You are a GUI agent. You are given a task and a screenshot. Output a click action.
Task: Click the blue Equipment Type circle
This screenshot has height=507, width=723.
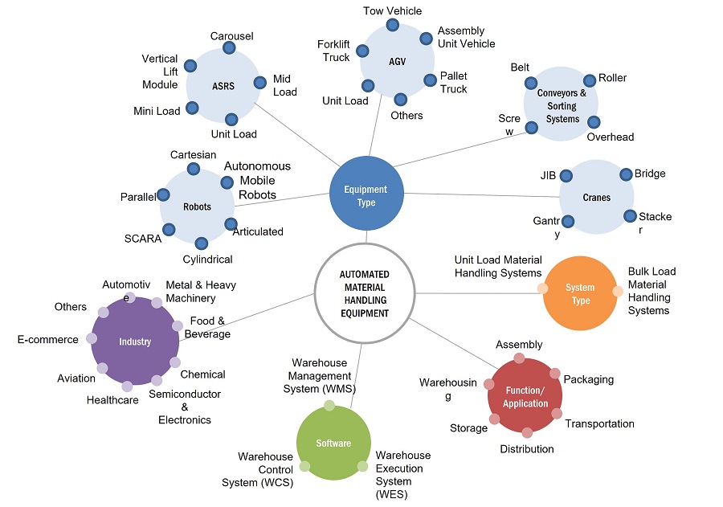pos(366,195)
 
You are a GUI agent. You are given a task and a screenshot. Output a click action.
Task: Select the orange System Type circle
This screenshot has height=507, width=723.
pos(580,293)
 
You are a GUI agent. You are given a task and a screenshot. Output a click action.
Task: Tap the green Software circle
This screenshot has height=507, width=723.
pos(333,443)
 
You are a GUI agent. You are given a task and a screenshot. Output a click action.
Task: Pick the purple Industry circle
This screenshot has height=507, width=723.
pos(135,341)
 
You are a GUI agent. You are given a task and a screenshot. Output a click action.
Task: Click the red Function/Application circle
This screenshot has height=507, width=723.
pos(525,396)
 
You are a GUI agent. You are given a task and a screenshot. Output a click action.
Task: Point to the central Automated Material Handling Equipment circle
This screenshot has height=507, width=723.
pos(364,293)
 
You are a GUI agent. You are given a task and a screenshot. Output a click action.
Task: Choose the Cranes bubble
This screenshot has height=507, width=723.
pos(596,197)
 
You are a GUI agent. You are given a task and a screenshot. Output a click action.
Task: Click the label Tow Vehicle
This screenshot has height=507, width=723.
pos(392,10)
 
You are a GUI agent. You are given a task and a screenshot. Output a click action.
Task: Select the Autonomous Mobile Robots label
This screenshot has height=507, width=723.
pos(257,180)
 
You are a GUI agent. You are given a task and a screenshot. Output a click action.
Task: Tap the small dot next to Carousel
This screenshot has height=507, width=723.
pos(231,49)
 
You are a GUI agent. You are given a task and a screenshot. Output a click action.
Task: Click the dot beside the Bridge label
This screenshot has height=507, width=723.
pos(625,174)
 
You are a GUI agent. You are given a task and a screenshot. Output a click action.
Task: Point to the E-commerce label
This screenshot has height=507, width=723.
pos(48,339)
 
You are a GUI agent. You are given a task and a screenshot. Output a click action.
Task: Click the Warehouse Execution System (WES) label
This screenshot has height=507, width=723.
pos(402,475)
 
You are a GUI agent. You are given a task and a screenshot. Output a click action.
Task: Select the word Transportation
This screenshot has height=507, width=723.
pos(599,423)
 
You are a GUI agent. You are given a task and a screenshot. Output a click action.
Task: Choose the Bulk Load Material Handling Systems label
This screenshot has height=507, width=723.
pos(652,290)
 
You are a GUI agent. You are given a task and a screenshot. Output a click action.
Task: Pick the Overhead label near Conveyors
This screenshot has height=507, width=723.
pos(610,137)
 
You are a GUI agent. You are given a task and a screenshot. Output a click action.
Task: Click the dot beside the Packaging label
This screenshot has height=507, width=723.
pos(554,374)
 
